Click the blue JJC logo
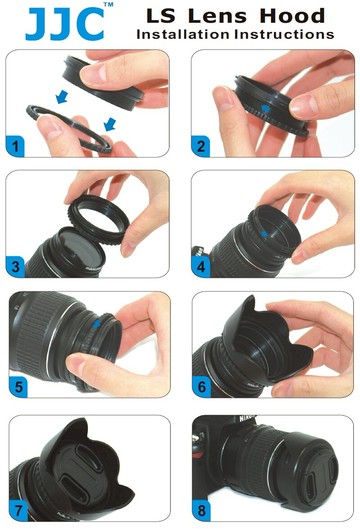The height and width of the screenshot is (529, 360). point(65,23)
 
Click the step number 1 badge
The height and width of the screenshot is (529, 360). point(15,147)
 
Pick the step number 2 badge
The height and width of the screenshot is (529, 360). point(200,147)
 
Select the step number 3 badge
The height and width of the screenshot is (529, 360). point(15,267)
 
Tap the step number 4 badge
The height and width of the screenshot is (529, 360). point(200,267)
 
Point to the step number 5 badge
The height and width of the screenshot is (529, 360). point(18,387)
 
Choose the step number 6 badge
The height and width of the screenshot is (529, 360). point(201,387)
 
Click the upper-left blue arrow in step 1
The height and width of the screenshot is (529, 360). point(62,96)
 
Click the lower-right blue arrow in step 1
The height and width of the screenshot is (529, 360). point(110,124)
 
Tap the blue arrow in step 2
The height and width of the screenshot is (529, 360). point(266,108)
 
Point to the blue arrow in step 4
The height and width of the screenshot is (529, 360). point(265,234)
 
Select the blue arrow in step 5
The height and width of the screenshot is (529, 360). point(97,324)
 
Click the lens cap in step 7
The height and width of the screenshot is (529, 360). point(83,467)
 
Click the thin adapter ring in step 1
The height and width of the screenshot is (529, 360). point(69,129)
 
